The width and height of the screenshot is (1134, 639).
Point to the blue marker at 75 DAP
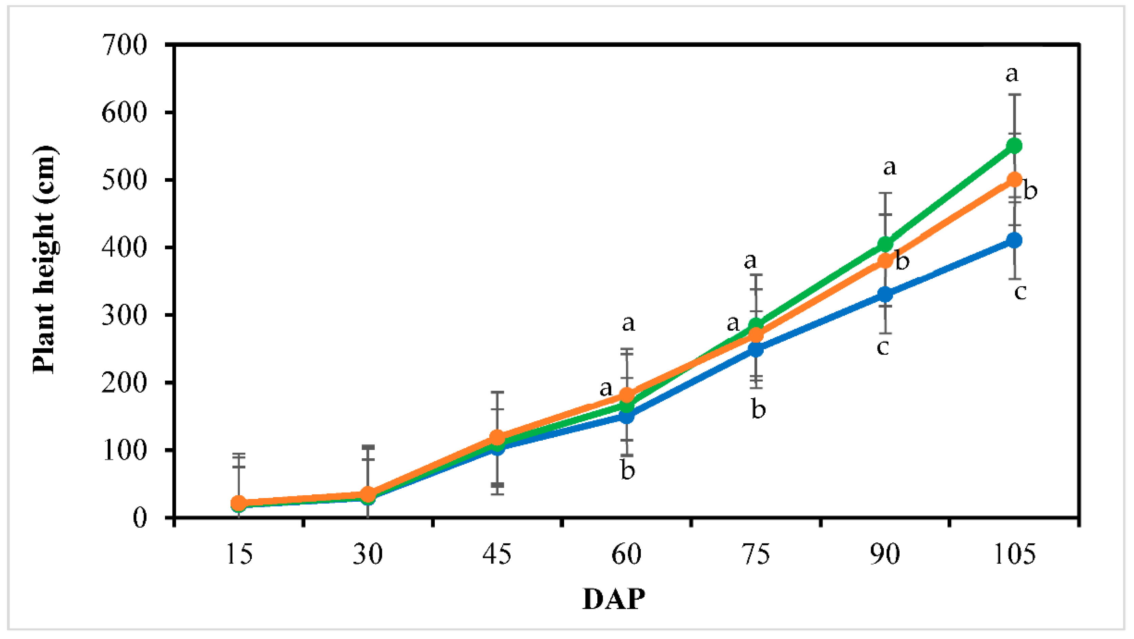click(x=756, y=349)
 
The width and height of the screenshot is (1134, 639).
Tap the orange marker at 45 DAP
click(x=497, y=437)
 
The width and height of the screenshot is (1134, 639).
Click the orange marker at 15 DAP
click(x=238, y=502)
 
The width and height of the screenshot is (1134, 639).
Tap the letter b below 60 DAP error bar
click(x=628, y=470)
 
